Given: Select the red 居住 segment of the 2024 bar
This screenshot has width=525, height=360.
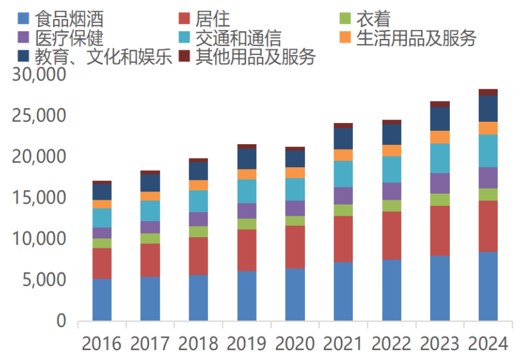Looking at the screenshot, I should [x=488, y=226].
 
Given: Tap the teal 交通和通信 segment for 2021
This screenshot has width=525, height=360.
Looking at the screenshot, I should [x=343, y=174].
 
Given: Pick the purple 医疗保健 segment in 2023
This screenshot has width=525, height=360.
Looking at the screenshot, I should [x=440, y=183].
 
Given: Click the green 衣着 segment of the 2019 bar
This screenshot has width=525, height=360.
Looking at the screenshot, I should [x=247, y=223].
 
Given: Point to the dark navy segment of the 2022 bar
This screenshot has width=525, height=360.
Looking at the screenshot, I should [x=391, y=134].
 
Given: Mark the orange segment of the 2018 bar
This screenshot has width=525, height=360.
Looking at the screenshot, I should [x=198, y=185].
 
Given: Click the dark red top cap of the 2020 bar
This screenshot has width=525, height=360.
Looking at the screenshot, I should [x=295, y=149].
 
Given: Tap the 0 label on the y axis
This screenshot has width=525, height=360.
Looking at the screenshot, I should [x=61, y=322].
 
